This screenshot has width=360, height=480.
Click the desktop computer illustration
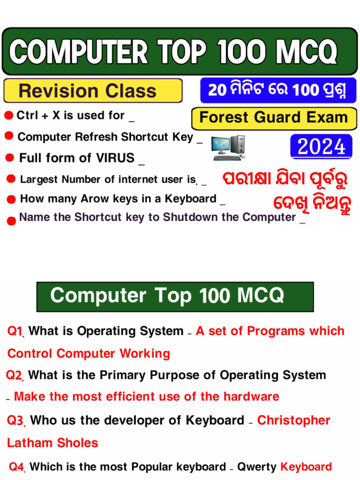click(x=228, y=147)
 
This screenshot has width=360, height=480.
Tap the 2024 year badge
click(x=321, y=147)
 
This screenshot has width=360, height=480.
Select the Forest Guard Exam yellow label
click(x=273, y=118)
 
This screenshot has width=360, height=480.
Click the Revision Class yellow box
click(x=93, y=90)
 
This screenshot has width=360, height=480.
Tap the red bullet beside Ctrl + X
click(x=8, y=116)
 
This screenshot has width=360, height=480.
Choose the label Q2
click(x=15, y=375)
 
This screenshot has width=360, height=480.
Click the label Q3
click(x=16, y=420)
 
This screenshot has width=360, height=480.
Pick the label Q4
click(x=17, y=467)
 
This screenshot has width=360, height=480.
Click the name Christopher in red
click(x=293, y=420)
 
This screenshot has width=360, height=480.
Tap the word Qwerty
click(x=257, y=467)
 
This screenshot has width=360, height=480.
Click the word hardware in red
click(x=251, y=397)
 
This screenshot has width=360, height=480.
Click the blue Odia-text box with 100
click(x=277, y=90)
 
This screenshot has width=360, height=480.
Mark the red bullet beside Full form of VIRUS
click(x=9, y=158)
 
